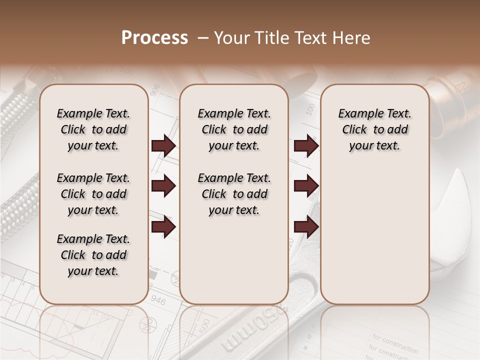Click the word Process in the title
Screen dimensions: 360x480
(x=154, y=38)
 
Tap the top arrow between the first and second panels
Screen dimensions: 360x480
(x=163, y=146)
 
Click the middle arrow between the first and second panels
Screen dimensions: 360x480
(x=163, y=186)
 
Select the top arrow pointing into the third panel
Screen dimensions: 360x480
(x=306, y=146)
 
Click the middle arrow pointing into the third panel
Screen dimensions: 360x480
(x=306, y=186)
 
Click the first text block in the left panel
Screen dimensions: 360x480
(x=93, y=129)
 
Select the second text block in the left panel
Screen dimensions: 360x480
(x=93, y=194)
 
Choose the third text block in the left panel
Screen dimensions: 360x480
(x=93, y=255)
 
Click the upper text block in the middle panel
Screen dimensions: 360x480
(x=234, y=129)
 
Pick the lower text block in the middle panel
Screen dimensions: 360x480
(x=234, y=194)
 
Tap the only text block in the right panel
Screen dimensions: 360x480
(x=374, y=129)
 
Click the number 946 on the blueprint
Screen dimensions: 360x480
(x=158, y=300)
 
